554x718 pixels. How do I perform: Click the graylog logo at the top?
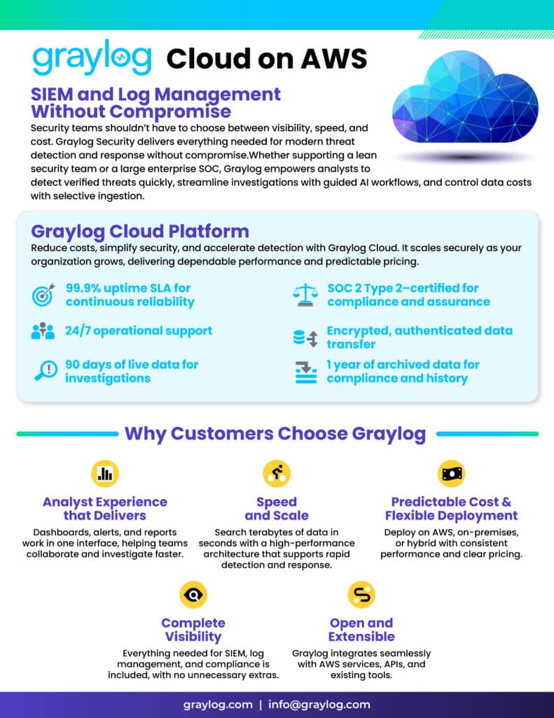(92, 59)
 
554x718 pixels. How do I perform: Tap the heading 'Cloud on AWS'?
(267, 60)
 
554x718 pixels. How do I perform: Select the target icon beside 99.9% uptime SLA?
(44, 295)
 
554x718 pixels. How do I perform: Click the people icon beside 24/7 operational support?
(43, 331)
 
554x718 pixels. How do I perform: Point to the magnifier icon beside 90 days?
(45, 371)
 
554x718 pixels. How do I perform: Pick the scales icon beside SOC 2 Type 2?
(305, 295)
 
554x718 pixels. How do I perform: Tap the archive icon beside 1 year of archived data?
(305, 372)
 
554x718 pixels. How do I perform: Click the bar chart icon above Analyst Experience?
(105, 473)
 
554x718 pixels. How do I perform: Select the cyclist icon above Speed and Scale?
(276, 473)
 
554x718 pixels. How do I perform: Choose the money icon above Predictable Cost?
(450, 473)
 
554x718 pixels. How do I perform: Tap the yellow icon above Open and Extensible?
(361, 595)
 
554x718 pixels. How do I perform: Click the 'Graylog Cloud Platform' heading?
(140, 231)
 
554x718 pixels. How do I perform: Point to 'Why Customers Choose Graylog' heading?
(275, 433)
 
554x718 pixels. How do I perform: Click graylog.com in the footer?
(216, 704)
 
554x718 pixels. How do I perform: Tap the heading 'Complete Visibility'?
(193, 630)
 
